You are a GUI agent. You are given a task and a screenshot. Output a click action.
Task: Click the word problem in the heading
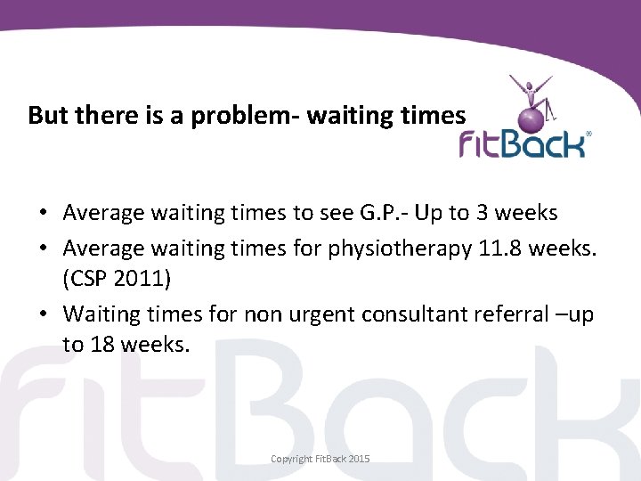click(214, 115)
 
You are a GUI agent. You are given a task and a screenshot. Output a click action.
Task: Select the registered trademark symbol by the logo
click(588, 135)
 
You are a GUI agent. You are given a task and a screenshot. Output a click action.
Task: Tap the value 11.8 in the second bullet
click(499, 249)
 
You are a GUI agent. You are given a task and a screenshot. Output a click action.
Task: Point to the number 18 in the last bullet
click(99, 345)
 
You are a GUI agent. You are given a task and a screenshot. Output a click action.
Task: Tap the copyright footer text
click(320, 459)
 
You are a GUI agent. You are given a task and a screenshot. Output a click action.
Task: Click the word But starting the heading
click(48, 115)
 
